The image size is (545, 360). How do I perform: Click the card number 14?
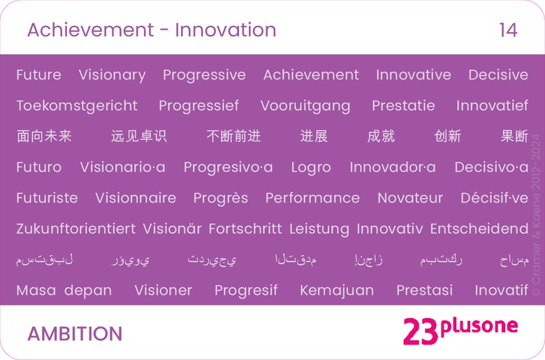(x=508, y=30)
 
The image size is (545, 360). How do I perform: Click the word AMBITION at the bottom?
(x=75, y=333)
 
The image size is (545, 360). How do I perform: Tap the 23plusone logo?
(x=460, y=329)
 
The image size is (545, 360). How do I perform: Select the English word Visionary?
(x=112, y=75)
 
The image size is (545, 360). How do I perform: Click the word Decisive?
(x=498, y=75)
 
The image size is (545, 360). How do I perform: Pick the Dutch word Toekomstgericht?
(x=77, y=106)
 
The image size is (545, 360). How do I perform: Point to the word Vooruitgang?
(x=305, y=106)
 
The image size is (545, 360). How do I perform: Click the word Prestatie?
(x=403, y=106)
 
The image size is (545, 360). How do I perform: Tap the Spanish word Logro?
(x=311, y=167)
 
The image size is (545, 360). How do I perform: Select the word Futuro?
(x=38, y=167)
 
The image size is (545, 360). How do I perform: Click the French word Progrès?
(x=221, y=198)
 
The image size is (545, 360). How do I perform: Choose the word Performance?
(x=312, y=198)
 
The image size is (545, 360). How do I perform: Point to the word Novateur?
(x=410, y=198)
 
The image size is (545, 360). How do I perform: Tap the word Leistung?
(x=319, y=229)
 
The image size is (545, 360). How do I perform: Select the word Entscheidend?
(x=479, y=229)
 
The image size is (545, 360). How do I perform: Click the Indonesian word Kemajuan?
(x=337, y=290)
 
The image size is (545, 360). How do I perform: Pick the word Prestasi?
(x=424, y=290)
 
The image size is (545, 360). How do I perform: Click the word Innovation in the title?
(x=226, y=30)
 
